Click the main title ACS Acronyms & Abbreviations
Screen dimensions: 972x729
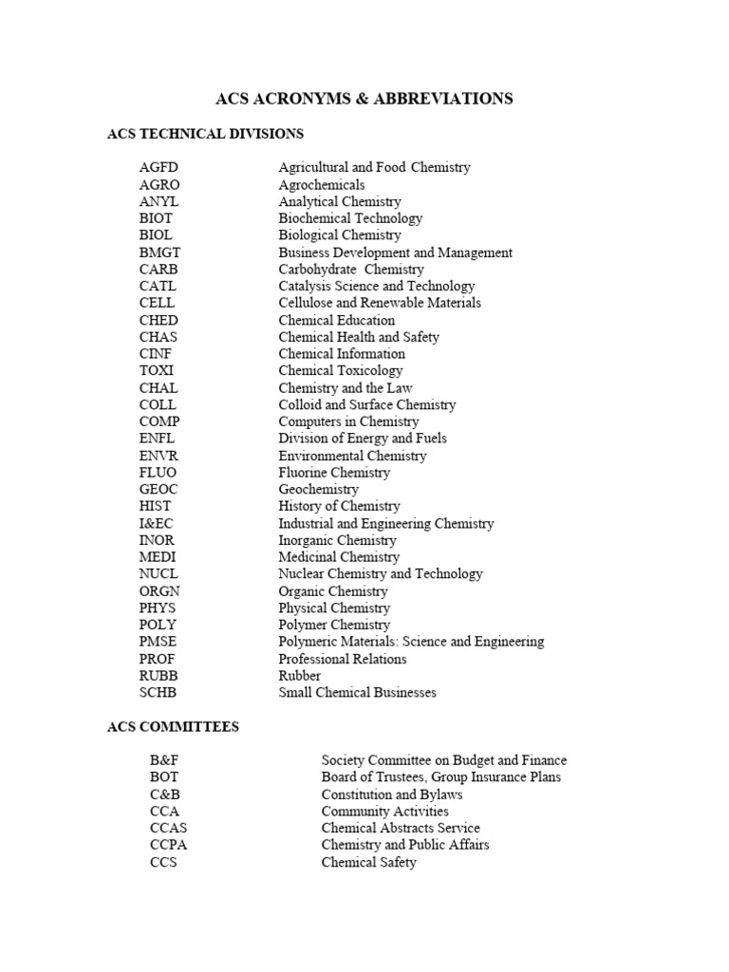tap(364, 99)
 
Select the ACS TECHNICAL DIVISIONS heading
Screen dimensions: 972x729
tap(205, 134)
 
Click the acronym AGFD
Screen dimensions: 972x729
tap(159, 167)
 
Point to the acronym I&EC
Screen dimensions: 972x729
tap(157, 523)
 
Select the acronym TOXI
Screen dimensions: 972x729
tap(157, 370)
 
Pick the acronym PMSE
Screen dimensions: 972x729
tap(158, 642)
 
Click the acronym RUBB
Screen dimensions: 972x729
tap(158, 676)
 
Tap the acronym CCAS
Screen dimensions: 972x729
tap(168, 829)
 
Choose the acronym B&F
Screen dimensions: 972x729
tap(163, 760)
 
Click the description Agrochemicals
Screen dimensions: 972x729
tap(321, 184)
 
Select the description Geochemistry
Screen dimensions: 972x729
tap(318, 489)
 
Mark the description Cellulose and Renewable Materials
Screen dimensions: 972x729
tap(379, 303)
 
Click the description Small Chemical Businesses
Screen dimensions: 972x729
tap(357, 693)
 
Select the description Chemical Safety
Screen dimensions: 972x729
tap(368, 863)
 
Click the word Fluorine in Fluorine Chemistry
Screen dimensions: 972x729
tap(305, 472)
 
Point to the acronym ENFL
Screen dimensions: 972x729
tap(157, 439)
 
